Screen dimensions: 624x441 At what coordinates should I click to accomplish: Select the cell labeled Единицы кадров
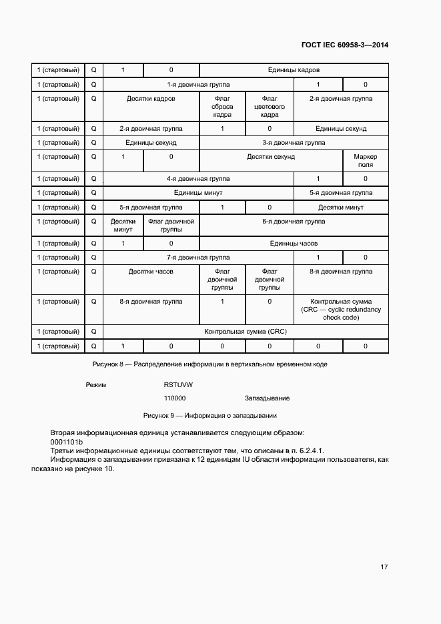tap(294, 70)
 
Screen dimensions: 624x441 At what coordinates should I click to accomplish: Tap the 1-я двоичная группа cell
tap(198, 85)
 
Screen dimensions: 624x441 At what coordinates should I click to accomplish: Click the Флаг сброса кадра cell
tap(222, 107)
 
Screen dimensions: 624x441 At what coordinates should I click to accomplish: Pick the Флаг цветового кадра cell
tap(270, 107)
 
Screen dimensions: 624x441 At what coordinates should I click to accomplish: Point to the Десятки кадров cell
tap(151, 99)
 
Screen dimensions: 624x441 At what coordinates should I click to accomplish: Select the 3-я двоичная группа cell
tap(294, 143)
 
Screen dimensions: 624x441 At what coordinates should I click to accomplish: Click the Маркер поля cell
tap(365, 161)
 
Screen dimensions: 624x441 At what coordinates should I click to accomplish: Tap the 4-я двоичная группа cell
tap(198, 179)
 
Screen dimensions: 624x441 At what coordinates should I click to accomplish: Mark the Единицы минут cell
tap(198, 193)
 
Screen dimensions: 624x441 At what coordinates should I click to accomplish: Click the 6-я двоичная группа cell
tap(294, 222)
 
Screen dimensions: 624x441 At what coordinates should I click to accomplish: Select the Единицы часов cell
tap(294, 244)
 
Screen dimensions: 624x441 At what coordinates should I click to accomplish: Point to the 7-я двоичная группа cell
tap(198, 258)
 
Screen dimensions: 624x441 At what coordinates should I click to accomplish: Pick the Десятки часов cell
tap(151, 272)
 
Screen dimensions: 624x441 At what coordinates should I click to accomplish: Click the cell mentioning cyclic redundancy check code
tap(341, 310)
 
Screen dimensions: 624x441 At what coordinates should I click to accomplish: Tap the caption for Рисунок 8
tap(209, 364)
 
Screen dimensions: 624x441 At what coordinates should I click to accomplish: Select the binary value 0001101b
tap(66, 442)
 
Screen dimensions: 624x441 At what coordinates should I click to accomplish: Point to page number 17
tap(384, 567)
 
